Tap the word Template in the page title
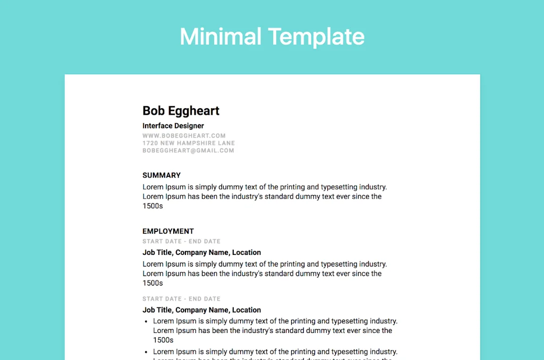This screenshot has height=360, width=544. [x=316, y=37]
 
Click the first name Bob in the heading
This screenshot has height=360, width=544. [x=154, y=111]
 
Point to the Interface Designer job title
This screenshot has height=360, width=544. [x=173, y=126]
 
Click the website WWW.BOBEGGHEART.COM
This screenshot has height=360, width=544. [x=184, y=136]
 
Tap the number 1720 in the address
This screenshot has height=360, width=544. [x=150, y=143]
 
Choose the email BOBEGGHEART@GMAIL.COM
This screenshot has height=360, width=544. [x=188, y=151]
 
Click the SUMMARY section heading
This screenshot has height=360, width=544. [x=161, y=175]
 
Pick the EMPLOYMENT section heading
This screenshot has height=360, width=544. [x=168, y=231]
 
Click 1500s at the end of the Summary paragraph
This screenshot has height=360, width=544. [x=152, y=206]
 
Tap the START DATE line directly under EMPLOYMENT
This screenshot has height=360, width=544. [x=181, y=242]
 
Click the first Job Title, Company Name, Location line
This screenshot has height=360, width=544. [x=201, y=253]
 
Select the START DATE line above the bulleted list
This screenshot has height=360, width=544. [x=181, y=299]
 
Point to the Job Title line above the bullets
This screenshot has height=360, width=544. [x=201, y=310]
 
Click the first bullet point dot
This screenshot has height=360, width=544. [x=146, y=322]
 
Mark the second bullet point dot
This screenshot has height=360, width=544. [x=146, y=352]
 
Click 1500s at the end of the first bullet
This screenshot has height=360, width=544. [x=163, y=340]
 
